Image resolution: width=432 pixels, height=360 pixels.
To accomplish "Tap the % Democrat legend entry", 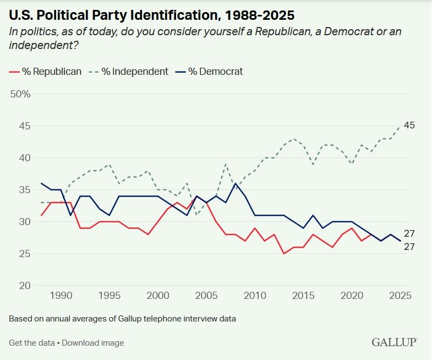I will click(x=211, y=72).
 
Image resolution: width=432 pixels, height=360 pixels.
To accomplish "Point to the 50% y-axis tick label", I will click(x=20, y=94).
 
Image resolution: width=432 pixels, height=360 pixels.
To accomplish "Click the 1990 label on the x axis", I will click(x=61, y=296).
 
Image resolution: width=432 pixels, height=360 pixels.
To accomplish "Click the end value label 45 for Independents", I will click(x=409, y=126).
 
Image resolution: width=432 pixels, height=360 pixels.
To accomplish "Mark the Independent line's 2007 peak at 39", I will click(x=226, y=164).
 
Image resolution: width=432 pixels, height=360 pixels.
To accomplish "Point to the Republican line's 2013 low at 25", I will click(x=284, y=253).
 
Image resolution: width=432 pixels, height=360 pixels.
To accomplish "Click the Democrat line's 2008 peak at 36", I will click(x=236, y=183).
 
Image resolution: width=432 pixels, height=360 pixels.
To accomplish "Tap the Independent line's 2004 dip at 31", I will click(x=196, y=215).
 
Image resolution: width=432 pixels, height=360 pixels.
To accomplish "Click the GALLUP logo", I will click(x=394, y=342).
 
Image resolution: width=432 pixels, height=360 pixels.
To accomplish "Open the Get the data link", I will click(x=31, y=343).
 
